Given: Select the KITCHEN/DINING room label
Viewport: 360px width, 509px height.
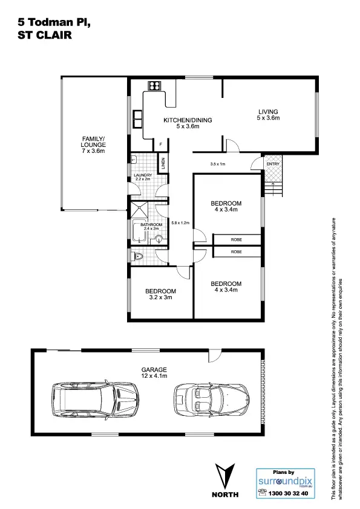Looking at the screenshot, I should pos(188,121).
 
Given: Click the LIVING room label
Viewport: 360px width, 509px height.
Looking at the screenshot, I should pos(268,112).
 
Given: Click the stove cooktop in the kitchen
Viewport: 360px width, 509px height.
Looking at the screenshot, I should pos(154,86).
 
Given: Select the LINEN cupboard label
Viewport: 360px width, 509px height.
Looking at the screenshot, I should pos(162,163).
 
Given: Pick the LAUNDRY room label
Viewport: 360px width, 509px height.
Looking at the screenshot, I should pos(143,176).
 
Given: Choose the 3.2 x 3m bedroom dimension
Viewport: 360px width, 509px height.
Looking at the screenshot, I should pos(160,297).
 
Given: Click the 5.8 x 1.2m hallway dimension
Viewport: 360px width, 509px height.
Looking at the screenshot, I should pos(180,222).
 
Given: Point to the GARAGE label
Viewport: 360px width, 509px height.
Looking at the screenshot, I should pos(154,369).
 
